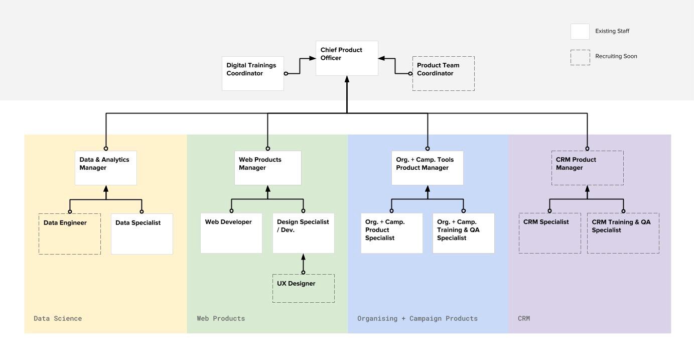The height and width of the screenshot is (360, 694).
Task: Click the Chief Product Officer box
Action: [347, 58]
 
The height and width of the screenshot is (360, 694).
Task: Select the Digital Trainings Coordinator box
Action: [253, 73]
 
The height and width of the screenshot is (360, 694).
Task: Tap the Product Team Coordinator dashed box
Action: [444, 73]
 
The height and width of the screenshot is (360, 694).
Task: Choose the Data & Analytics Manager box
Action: [106, 168]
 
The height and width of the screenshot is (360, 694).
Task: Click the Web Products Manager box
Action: [267, 168]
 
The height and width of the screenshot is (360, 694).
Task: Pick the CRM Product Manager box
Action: [588, 168]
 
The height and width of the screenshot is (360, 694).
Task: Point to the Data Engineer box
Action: [70, 234]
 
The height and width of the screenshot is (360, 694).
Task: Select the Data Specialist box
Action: [142, 234]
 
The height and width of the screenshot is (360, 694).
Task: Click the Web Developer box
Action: [231, 233]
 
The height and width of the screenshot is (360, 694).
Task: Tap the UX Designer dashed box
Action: [303, 288]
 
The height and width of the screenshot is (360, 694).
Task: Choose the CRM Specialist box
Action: [549, 233]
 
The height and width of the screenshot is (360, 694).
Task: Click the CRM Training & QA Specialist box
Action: [623, 233]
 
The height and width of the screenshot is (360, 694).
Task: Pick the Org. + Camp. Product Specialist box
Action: [391, 233]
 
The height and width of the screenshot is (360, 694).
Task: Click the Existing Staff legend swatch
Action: [580, 31]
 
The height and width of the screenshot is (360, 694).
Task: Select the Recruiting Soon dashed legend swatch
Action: [580, 57]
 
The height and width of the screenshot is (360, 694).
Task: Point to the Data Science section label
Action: [58, 318]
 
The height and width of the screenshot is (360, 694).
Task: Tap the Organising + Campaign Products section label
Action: [418, 318]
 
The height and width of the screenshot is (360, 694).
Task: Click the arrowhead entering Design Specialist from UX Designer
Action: [303, 257]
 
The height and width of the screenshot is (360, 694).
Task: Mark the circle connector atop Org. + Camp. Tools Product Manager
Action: [428, 149]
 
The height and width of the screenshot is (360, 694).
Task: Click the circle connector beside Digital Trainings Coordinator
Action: [286, 73]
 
